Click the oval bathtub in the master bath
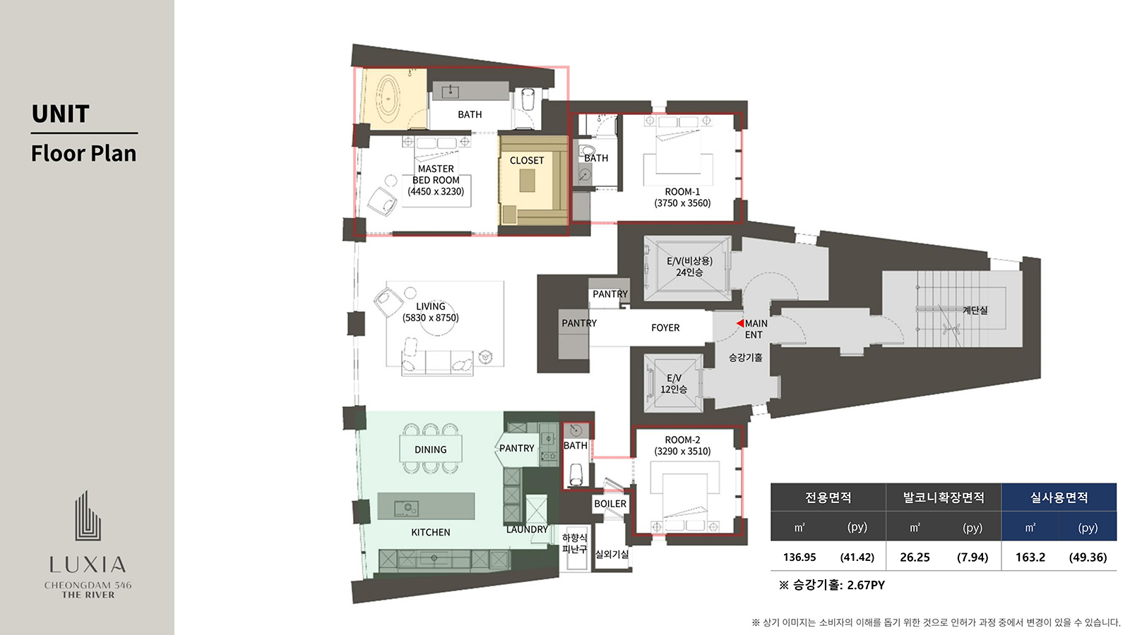click(388, 99)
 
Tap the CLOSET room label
click(527, 160)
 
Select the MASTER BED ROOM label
click(436, 174)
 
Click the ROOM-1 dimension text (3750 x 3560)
click(682, 203)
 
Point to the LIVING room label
click(431, 306)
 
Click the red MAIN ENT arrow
click(740, 323)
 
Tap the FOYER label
click(665, 327)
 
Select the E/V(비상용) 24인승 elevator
click(687, 269)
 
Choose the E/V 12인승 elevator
click(674, 383)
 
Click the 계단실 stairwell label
click(975, 310)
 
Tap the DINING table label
click(430, 449)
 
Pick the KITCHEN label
click(430, 532)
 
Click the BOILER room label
click(610, 504)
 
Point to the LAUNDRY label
click(527, 529)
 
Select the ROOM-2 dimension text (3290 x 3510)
click(682, 451)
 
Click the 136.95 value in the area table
click(799, 557)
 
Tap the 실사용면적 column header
click(1059, 498)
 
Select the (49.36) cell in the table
click(1088, 557)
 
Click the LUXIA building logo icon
click(88, 516)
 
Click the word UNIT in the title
click(61, 114)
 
